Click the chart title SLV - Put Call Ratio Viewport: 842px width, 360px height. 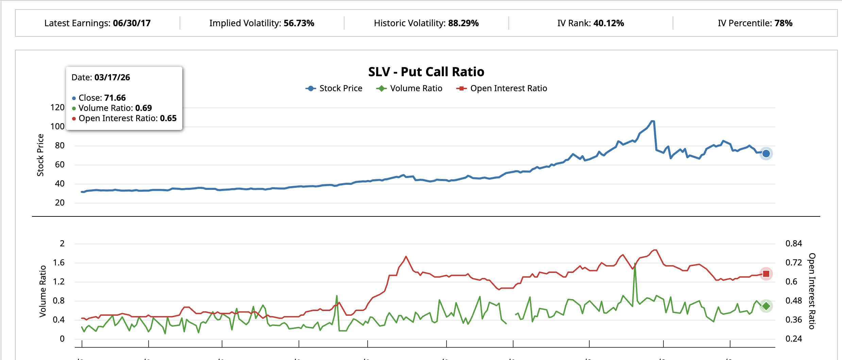tap(426, 72)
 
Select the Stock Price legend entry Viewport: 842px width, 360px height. tap(334, 88)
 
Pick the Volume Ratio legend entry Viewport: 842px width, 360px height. tap(409, 88)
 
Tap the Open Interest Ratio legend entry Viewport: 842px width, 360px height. tap(502, 88)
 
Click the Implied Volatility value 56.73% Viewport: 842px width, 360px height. tap(299, 23)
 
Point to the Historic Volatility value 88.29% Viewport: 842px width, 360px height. tap(463, 23)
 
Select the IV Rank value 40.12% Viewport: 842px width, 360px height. tap(608, 23)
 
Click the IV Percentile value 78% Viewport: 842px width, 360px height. tap(783, 23)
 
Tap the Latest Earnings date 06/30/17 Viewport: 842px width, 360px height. tap(132, 23)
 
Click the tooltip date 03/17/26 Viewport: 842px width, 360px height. tap(112, 78)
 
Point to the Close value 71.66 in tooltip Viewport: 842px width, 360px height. tap(115, 98)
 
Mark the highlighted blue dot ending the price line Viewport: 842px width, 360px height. tap(766, 153)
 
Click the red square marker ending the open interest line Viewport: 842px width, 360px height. tap(766, 274)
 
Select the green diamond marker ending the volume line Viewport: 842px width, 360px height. tap(766, 306)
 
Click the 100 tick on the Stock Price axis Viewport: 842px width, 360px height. tap(57, 127)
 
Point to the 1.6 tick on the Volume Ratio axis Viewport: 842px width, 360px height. tap(58, 263)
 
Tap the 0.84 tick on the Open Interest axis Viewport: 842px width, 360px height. tap(793, 244)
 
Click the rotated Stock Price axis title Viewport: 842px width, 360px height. tap(40, 155)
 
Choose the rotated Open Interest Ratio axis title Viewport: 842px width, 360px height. tap(812, 291)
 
